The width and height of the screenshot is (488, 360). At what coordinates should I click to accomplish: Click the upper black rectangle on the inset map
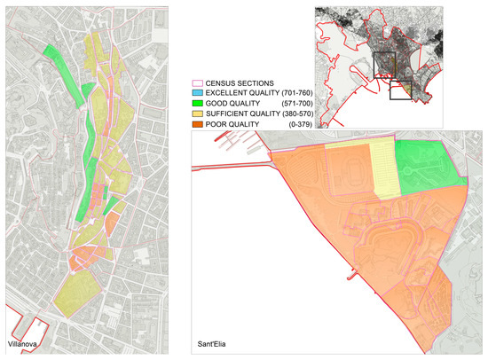tap(385, 66)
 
